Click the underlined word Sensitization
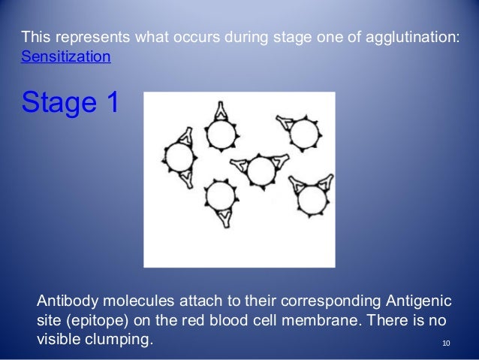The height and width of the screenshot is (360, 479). (66, 56)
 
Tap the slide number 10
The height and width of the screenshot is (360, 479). (447, 344)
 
